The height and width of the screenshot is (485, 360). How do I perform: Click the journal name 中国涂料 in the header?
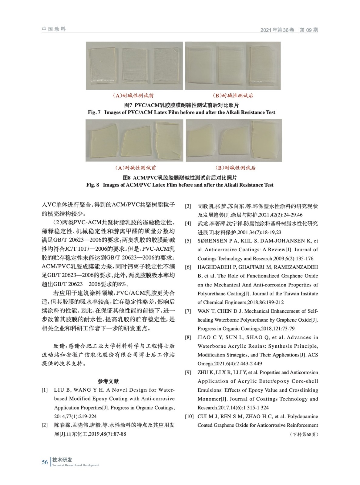[x=54, y=29]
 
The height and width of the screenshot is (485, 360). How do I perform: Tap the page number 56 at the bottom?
[x=45, y=462]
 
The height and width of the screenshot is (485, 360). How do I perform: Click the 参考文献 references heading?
[x=108, y=381]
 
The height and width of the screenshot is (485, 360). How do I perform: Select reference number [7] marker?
[x=188, y=311]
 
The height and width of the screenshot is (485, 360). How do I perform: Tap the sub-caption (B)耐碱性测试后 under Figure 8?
[x=235, y=168]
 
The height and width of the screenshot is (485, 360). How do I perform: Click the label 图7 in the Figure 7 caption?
[x=129, y=105]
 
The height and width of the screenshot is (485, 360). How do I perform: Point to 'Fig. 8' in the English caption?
[x=93, y=185]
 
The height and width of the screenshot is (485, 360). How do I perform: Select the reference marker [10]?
[x=189, y=416]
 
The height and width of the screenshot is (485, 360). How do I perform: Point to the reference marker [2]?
[x=45, y=425]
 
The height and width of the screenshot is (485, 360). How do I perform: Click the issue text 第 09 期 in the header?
[x=309, y=30]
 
